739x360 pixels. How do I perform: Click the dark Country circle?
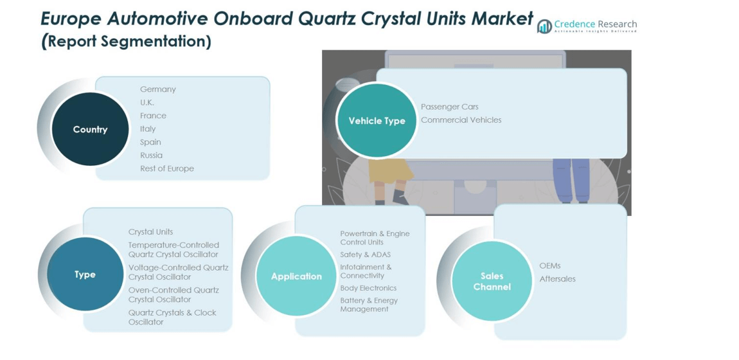click(90, 129)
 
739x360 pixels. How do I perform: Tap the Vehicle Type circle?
click(377, 121)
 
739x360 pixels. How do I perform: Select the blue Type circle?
click(85, 274)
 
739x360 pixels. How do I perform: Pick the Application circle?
click(296, 276)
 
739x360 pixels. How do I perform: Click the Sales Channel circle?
click(492, 282)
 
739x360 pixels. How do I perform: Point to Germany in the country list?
click(158, 89)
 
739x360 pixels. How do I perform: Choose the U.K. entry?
click(147, 103)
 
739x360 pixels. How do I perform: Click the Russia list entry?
click(152, 156)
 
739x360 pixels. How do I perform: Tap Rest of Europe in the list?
click(167, 168)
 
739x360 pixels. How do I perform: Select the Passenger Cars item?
click(450, 107)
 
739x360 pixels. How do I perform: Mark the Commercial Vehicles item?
click(461, 120)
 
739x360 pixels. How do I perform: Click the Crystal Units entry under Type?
click(150, 232)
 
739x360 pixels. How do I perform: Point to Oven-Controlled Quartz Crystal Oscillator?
click(174, 295)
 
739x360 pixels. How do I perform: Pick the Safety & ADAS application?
click(365, 255)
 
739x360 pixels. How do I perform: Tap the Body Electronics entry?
click(368, 288)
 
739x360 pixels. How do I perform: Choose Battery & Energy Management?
click(369, 305)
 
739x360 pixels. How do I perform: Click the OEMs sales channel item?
click(550, 265)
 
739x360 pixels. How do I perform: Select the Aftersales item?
click(558, 279)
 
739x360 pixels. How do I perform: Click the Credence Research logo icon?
click(544, 26)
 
